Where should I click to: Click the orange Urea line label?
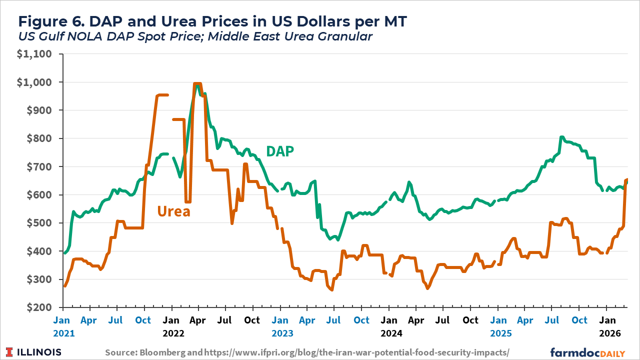pyautogui.click(x=173, y=211)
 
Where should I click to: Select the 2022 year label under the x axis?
pyautogui.click(x=173, y=332)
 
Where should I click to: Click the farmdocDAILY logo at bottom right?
pyautogui.click(x=587, y=352)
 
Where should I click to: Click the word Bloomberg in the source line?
pyautogui.click(x=165, y=352)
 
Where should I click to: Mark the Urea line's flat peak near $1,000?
pyautogui.click(x=197, y=84)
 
